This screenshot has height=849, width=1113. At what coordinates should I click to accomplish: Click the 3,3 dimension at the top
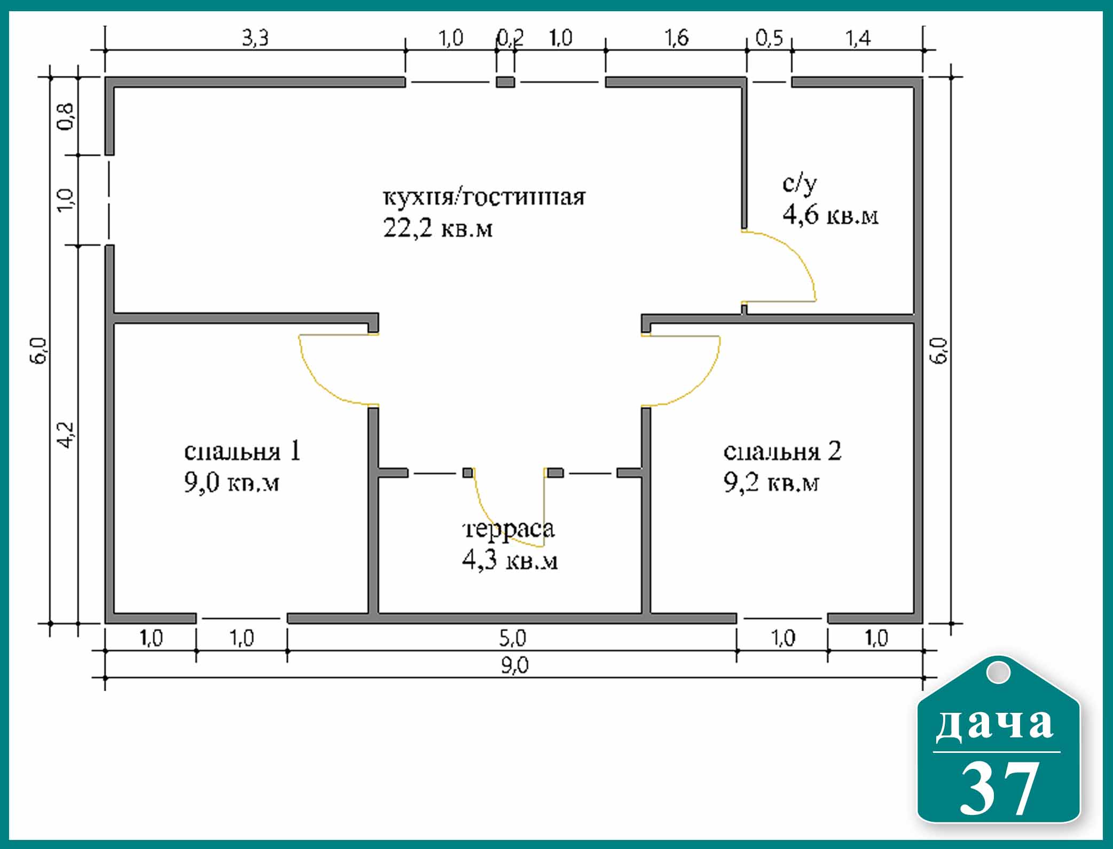(255, 38)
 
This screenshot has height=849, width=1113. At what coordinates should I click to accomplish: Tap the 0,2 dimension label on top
(510, 38)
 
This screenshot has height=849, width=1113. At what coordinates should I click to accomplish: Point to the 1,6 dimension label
(676, 38)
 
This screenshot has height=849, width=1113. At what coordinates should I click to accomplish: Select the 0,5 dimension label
(769, 38)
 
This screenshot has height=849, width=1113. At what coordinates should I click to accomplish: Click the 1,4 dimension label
(858, 38)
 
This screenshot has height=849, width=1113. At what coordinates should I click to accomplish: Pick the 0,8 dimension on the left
(67, 116)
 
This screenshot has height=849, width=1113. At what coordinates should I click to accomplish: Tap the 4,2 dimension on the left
(67, 434)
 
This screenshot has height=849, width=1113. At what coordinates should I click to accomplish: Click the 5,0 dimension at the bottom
(513, 638)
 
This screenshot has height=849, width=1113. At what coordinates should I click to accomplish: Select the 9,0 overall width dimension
(514, 666)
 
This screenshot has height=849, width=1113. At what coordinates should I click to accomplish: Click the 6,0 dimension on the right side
(940, 350)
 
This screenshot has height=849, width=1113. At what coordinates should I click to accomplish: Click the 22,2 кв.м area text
(437, 228)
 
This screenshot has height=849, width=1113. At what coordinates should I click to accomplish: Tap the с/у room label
(800, 183)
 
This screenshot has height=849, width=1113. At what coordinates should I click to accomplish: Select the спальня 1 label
(242, 451)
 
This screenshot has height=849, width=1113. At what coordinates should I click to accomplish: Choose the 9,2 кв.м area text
(771, 483)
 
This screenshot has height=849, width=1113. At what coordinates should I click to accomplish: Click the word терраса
(508, 530)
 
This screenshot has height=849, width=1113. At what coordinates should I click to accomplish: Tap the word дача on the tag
(995, 725)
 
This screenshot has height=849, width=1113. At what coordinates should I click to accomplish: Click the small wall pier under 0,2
(506, 82)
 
